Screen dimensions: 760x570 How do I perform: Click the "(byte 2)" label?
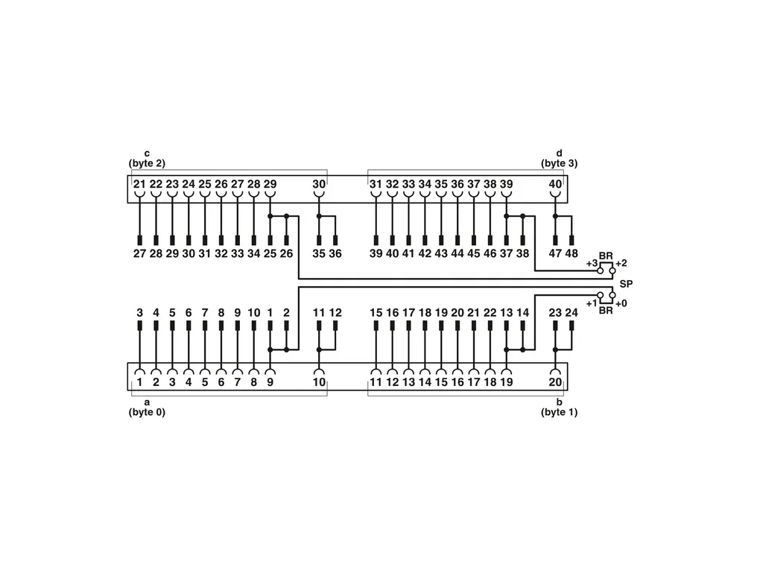tap(147, 163)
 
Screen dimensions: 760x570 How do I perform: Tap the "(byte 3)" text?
tap(560, 163)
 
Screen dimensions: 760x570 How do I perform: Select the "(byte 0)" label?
tap(147, 412)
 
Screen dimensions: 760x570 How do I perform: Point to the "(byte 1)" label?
tap(560, 412)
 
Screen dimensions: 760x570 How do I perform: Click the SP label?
tap(626, 284)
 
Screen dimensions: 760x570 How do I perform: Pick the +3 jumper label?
tap(592, 264)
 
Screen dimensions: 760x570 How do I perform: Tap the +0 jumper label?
tap(621, 303)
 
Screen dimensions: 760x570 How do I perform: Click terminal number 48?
tap(572, 253)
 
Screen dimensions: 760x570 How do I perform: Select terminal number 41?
tap(408, 253)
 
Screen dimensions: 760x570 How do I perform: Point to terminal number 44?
tap(457, 253)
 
